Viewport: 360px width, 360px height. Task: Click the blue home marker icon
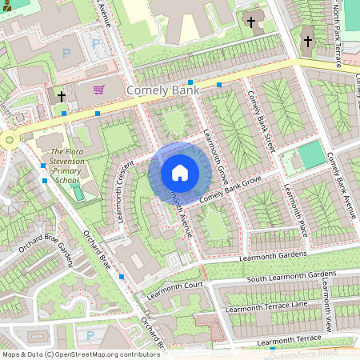pos(180,173)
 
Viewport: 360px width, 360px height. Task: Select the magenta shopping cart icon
pos(99,90)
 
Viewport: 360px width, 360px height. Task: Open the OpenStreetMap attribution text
pos(81,354)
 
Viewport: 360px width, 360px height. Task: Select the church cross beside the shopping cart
pos(61,97)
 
